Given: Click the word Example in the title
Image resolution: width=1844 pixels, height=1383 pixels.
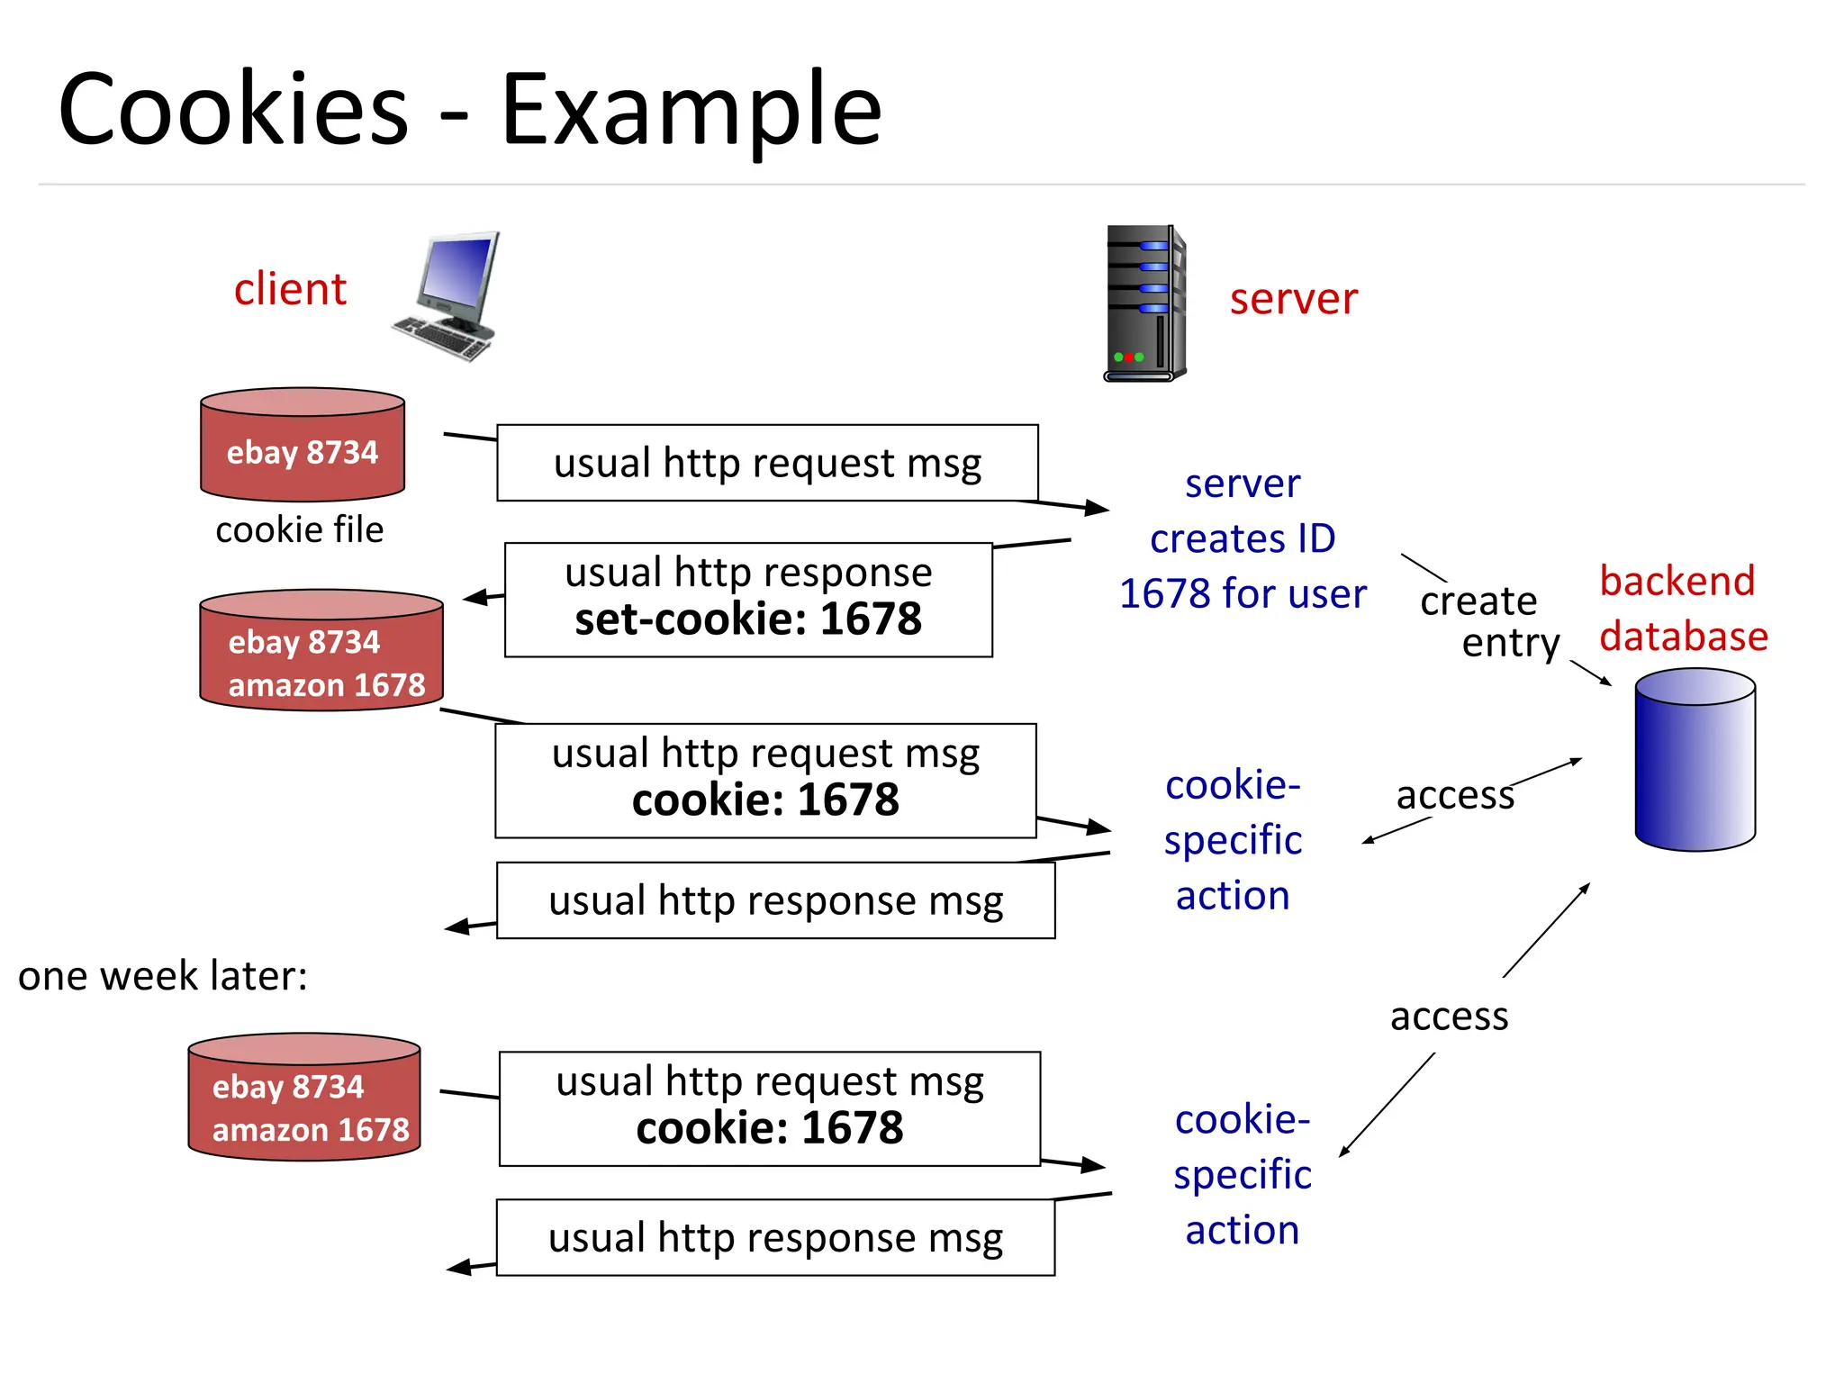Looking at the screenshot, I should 691,110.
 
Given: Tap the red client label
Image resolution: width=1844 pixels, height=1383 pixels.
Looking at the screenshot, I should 290,289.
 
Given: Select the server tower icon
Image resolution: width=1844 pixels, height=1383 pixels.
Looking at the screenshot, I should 1144,303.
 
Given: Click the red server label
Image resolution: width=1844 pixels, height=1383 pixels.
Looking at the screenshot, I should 1293,299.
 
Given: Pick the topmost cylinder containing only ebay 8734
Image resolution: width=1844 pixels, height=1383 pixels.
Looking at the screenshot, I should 303,445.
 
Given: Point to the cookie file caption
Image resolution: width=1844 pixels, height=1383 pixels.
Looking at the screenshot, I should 299,529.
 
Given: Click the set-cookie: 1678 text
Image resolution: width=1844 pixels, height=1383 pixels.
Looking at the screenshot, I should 748,619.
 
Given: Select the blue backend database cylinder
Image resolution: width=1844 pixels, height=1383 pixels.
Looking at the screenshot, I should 1695,760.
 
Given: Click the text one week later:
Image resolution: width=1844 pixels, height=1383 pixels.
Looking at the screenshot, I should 163,976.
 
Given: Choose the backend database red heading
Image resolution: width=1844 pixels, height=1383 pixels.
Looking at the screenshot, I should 1682,609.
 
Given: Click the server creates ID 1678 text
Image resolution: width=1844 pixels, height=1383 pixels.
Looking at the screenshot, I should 1243,539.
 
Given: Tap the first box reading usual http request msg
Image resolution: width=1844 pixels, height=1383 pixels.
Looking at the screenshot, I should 767,463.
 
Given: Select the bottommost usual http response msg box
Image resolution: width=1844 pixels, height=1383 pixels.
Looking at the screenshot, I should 775,1237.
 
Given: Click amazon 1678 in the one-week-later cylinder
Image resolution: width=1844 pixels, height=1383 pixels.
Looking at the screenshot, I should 311,1129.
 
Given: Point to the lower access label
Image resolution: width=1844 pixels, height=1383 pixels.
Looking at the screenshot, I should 1449,1017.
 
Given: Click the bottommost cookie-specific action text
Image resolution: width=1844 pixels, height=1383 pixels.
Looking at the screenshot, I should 1242,1174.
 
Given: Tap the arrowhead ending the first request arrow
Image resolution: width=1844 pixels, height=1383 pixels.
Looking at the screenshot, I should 1098,508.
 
